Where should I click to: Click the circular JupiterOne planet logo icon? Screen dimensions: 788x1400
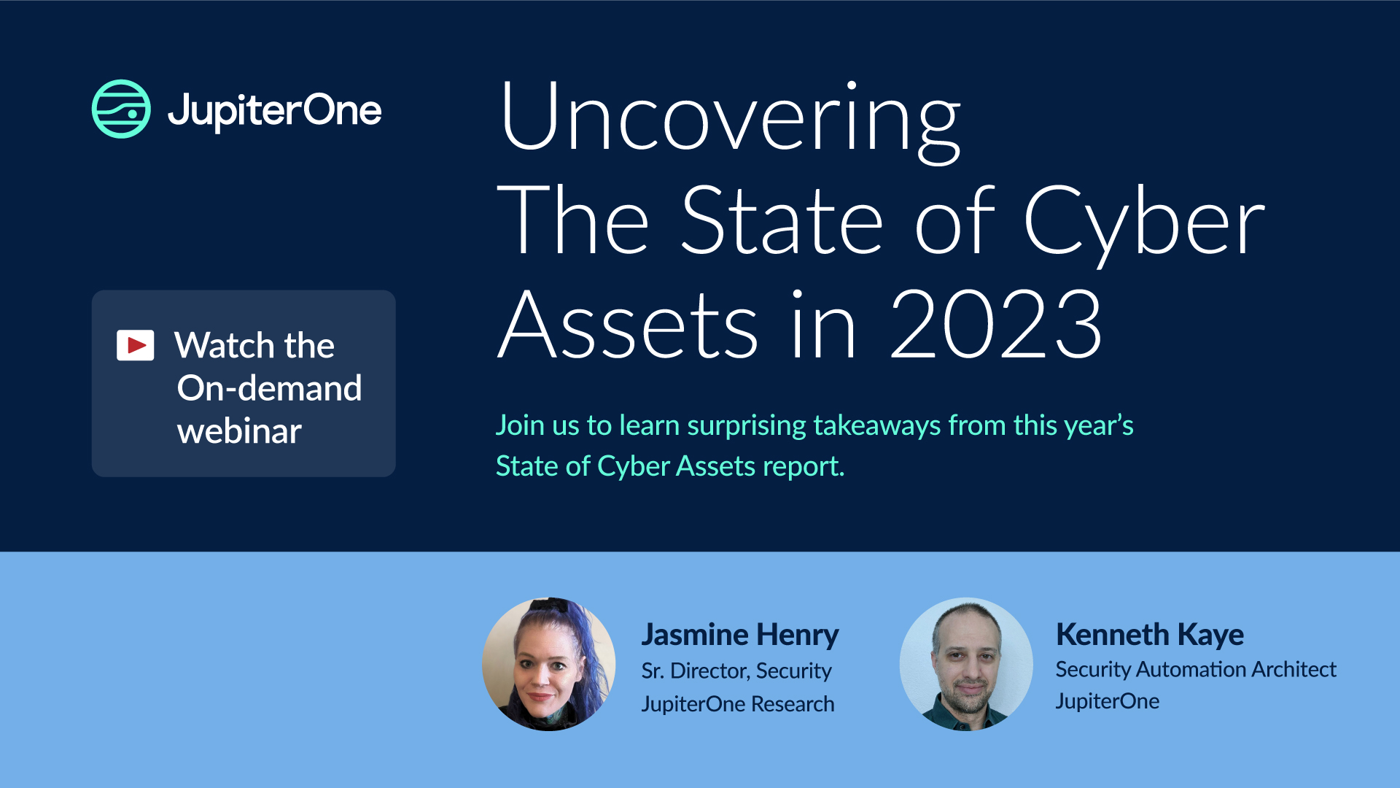point(121,109)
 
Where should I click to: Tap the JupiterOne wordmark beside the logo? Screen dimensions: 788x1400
point(274,110)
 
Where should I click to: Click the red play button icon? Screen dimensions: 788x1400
point(136,345)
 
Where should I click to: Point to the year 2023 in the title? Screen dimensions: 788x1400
point(995,324)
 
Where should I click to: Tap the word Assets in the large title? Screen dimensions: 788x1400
point(629,324)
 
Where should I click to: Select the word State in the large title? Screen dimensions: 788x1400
point(782,221)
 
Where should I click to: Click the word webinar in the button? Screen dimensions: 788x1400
point(239,431)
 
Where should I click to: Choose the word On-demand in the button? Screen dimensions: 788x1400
point(269,388)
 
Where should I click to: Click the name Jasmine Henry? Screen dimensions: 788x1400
point(739,634)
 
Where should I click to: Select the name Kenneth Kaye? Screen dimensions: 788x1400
point(1149,634)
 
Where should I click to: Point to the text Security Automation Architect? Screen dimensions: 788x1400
point(1195,669)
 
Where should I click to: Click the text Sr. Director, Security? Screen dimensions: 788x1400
point(736,671)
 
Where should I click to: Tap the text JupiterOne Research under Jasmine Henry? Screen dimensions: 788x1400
point(737,704)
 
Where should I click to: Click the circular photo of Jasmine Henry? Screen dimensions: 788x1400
point(548,664)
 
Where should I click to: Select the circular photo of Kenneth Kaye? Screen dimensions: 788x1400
point(965,664)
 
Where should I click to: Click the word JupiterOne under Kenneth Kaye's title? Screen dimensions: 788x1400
point(1107,701)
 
